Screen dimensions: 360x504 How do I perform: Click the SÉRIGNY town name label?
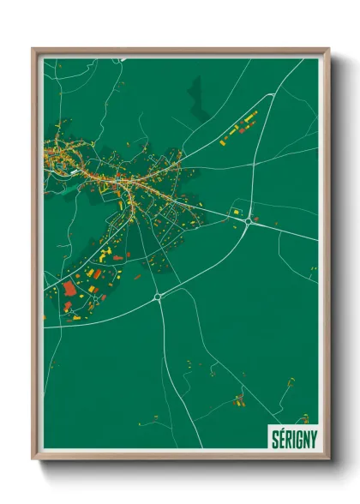(x=293, y=437)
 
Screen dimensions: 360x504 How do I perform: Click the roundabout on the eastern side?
(x=249, y=221)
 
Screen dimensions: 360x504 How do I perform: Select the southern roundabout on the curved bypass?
(x=158, y=297)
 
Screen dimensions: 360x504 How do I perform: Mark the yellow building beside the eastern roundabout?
(x=233, y=211)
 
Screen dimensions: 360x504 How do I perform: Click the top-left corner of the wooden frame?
(x=33, y=49)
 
